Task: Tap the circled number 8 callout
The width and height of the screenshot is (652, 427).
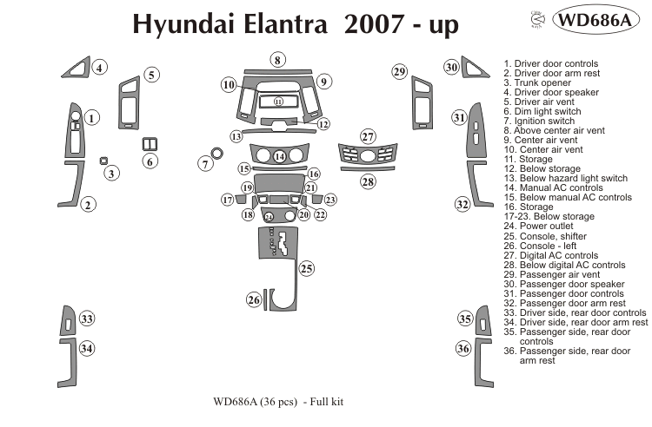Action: coord(276,60)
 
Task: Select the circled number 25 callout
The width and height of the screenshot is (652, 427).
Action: coord(306,269)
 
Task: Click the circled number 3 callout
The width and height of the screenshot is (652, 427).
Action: coord(112,174)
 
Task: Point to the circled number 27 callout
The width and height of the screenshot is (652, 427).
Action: coord(368,137)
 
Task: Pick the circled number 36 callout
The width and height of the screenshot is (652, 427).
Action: coord(463,349)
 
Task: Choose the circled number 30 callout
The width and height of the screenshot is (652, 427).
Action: coord(451,67)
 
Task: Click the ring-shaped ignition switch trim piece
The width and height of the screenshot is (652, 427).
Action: coord(216,154)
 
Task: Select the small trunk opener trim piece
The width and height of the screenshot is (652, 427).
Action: coord(103,161)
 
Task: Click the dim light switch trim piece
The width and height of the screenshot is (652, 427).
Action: coord(149,143)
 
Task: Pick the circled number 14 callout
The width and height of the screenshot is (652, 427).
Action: coord(280,157)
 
